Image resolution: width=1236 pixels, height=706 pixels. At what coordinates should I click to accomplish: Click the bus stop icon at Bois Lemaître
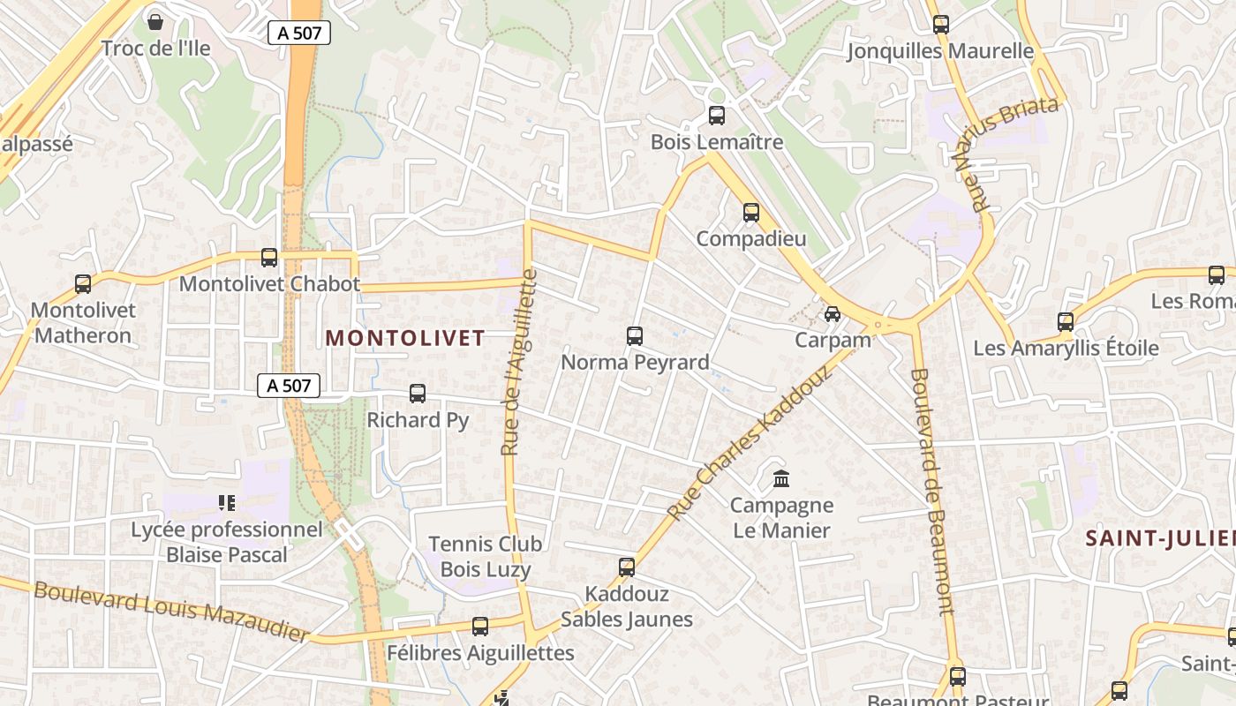pos(717,116)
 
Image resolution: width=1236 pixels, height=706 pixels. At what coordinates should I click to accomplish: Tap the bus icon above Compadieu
pos(751,213)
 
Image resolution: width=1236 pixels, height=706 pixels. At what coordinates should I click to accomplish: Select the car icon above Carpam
pos(832,313)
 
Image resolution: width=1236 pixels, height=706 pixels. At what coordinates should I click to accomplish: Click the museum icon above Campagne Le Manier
pos(781,479)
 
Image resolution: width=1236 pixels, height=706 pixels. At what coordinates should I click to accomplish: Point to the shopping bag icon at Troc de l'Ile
pos(155,21)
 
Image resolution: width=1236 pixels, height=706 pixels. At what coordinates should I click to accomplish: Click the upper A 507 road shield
pos(299,34)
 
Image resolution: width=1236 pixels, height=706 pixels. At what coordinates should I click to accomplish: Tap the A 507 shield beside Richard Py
pos(289,386)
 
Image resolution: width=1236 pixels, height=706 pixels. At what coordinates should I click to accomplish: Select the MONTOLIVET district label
pos(405,338)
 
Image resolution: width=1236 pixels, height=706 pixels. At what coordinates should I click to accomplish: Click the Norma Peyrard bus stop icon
pos(635,336)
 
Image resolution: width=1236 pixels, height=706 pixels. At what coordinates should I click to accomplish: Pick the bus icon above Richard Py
pos(418,394)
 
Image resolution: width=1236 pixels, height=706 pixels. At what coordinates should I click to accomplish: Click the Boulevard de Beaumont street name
pos(932,491)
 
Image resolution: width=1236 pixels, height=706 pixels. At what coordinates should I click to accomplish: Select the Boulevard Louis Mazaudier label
pos(172,611)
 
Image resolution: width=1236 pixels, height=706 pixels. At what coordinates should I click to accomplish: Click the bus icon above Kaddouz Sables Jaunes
pos(627,567)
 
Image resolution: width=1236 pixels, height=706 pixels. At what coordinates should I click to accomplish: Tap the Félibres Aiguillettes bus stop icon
pos(480,627)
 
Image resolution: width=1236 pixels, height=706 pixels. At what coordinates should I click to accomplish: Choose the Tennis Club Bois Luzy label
pos(486,557)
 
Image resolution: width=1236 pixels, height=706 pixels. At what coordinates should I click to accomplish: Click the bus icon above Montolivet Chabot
pos(269,258)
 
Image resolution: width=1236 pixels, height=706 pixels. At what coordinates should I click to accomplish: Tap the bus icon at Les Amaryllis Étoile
pos(1066,322)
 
